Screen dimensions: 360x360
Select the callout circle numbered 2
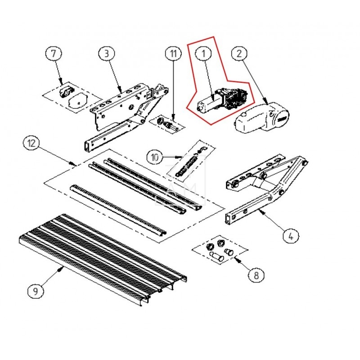tap(239, 54)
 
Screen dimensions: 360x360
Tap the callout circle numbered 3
tap(106, 54)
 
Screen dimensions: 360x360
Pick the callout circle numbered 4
tap(291, 235)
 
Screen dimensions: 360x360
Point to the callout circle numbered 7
tap(54, 54)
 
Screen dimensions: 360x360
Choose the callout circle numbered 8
tap(256, 274)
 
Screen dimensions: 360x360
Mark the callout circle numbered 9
tap(36, 292)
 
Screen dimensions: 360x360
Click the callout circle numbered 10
tap(155, 157)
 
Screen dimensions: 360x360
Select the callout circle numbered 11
tap(172, 54)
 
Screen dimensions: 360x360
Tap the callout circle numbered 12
tap(31, 144)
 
